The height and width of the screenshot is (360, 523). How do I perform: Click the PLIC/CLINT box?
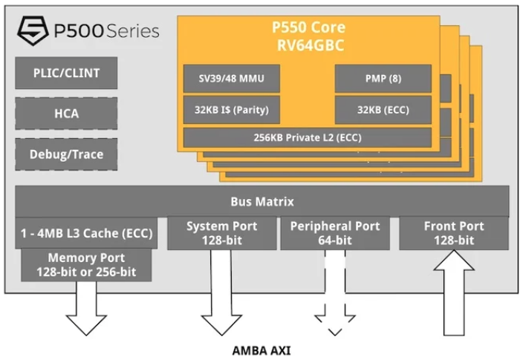point(65,73)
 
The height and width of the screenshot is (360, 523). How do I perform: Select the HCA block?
point(65,114)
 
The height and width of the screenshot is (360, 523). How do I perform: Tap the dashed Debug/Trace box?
point(65,154)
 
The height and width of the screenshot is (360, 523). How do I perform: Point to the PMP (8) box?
point(383,78)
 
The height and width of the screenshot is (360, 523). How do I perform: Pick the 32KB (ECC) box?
point(383,111)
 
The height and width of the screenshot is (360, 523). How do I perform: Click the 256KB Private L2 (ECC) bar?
point(306,137)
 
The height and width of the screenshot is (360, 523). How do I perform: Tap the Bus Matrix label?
point(261,201)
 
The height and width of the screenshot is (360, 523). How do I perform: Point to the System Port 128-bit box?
point(221,233)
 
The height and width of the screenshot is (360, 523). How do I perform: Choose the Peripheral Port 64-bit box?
point(331,233)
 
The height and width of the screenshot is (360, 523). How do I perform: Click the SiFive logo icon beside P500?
point(32,30)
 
